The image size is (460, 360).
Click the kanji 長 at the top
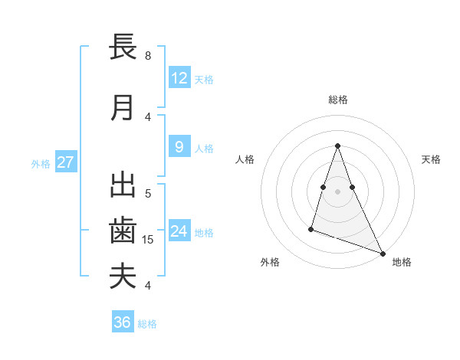tap(123, 47)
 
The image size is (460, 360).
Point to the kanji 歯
tap(123, 231)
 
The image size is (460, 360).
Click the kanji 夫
tap(123, 276)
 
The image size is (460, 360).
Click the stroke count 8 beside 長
tap(148, 56)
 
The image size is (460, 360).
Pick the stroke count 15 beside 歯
tap(149, 240)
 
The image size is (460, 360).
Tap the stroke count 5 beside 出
tap(148, 193)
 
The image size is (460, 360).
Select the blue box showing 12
tap(179, 78)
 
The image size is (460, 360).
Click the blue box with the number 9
tap(179, 147)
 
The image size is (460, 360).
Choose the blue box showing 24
tap(179, 231)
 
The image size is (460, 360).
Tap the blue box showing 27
tap(66, 162)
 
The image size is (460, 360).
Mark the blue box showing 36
tap(122, 322)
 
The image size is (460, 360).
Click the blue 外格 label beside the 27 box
tap(41, 163)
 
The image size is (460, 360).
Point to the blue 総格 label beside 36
tap(147, 324)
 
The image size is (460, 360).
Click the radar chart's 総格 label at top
tap(338, 100)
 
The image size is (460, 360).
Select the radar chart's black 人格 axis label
tap(245, 159)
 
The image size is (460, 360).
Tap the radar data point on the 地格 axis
tap(382, 254)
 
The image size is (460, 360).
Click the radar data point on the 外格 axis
tap(311, 228)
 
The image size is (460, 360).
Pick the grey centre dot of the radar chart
tap(338, 181)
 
